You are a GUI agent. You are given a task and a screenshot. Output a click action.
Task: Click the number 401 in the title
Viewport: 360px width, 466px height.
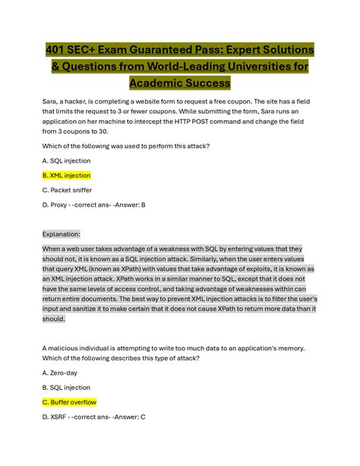pos(57,49)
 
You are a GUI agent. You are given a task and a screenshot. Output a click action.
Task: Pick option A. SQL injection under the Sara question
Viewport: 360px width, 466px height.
pos(66,160)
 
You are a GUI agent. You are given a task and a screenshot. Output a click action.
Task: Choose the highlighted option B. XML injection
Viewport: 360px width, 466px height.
pos(66,175)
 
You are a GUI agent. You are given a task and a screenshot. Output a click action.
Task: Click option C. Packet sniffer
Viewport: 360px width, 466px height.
pos(66,190)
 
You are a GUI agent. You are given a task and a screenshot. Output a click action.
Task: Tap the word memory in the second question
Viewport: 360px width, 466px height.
pos(287,348)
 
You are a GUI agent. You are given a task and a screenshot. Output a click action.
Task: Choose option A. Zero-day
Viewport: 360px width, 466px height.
pos(59,372)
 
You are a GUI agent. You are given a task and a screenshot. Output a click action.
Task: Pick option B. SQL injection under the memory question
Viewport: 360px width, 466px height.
pos(66,387)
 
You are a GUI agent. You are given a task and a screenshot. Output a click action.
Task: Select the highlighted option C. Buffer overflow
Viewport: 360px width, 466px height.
pos(69,402)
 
